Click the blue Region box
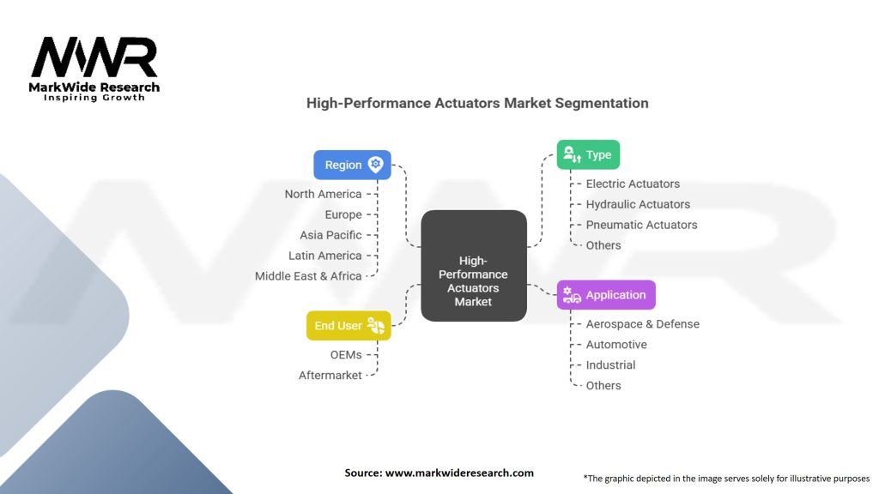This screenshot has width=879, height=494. click(x=352, y=165)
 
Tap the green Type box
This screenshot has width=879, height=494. click(x=588, y=154)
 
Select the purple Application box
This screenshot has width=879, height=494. click(x=606, y=295)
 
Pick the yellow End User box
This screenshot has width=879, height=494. click(x=348, y=325)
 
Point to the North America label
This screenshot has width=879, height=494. click(x=323, y=194)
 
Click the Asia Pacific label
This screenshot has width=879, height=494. click(x=330, y=235)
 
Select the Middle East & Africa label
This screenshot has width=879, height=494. click(x=308, y=276)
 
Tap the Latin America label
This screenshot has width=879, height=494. click(x=325, y=256)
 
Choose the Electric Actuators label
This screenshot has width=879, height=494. click(x=633, y=184)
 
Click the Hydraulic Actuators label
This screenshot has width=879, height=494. click(x=638, y=204)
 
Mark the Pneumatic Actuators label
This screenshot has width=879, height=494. click(x=641, y=225)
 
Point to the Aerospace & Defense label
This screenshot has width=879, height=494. click(x=642, y=324)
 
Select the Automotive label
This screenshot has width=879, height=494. click(x=616, y=345)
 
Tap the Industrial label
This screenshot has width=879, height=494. click(x=610, y=365)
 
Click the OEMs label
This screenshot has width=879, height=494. click(x=346, y=355)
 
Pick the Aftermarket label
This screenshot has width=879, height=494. click(x=330, y=376)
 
